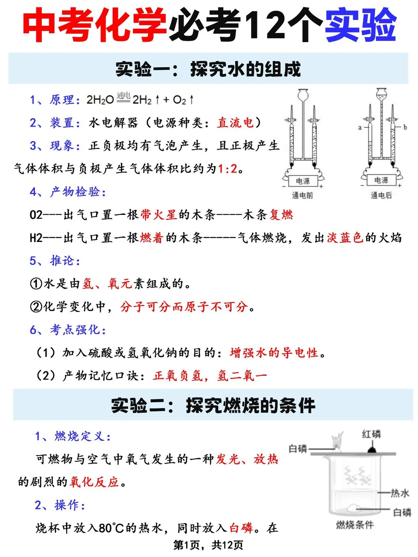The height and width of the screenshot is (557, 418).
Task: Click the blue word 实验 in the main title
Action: click(361, 26)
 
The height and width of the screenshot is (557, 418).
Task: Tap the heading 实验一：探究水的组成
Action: click(208, 69)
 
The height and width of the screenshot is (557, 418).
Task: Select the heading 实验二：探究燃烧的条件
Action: click(213, 405)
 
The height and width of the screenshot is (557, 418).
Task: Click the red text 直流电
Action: click(235, 123)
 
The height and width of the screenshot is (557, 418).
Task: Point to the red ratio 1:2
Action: click(228, 168)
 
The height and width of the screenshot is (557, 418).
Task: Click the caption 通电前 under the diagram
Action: click(302, 195)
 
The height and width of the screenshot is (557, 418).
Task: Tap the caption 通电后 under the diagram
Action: click(381, 195)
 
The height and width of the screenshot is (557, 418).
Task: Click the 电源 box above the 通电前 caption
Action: click(303, 181)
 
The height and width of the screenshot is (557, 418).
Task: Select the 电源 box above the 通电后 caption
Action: click(381, 180)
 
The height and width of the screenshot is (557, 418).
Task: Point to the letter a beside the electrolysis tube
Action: click(360, 127)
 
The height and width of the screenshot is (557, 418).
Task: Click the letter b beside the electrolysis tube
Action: click(405, 127)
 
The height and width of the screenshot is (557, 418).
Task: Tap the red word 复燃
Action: click(281, 214)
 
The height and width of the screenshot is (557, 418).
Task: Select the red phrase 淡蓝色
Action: click(345, 237)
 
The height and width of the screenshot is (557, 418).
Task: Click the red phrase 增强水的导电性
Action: click(274, 353)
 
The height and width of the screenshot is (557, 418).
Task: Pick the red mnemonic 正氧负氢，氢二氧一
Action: click(210, 375)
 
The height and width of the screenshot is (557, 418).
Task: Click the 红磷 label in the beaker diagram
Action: click(372, 434)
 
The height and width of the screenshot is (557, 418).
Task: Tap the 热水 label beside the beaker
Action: click(400, 493)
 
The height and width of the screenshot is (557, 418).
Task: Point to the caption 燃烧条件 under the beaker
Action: click(355, 525)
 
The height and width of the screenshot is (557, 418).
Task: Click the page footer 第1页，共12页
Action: click(208, 545)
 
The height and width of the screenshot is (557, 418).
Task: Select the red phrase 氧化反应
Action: click(94, 482)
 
